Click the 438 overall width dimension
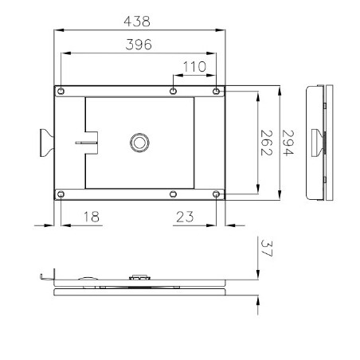click(x=139, y=22)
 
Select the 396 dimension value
click(x=139, y=46)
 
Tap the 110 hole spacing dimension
click(x=194, y=67)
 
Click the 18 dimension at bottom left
click(x=92, y=215)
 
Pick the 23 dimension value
click(x=186, y=215)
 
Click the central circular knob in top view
click(x=139, y=142)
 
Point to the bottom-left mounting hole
click(x=61, y=194)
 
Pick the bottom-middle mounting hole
click(x=174, y=194)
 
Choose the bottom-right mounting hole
click(x=217, y=194)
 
